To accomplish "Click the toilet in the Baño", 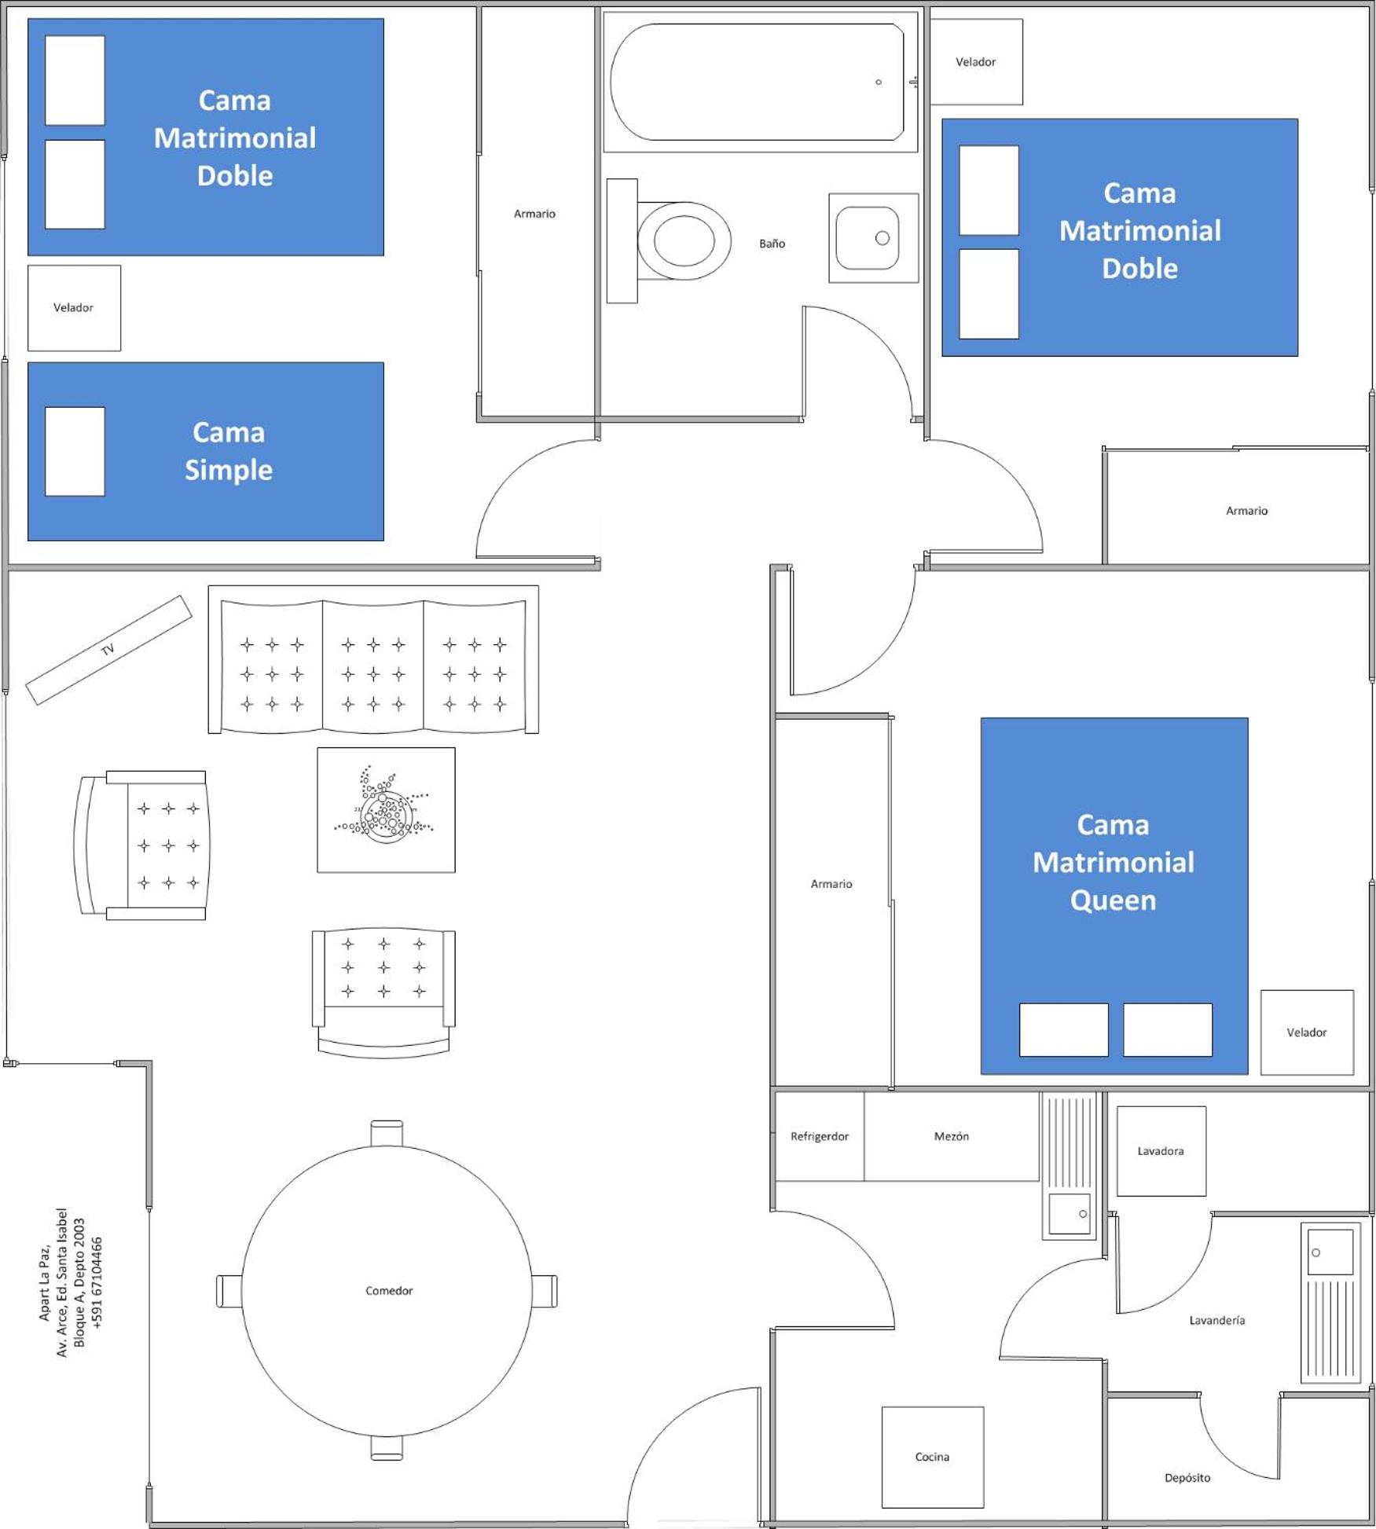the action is [669, 240].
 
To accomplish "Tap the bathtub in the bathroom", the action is [758, 82].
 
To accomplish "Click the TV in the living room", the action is [108, 650].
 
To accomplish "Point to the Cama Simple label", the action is [229, 451].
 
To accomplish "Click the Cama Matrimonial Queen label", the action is [1113, 862].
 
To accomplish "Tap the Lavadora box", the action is [1161, 1151].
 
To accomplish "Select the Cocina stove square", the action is [932, 1457].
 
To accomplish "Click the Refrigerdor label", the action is [820, 1136].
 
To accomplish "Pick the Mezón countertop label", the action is [951, 1136].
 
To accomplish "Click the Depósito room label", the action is [1187, 1478].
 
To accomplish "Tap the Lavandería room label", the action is [1216, 1320].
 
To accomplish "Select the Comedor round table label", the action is [389, 1290].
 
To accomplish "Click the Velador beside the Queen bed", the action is [1307, 1032].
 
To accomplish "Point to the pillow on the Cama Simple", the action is [75, 451].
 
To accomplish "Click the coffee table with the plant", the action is [386, 809].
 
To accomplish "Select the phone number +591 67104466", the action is [97, 1282].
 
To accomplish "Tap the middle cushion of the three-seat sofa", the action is [373, 666].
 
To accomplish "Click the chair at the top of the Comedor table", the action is [387, 1133].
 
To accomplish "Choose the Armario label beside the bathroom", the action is [534, 214].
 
